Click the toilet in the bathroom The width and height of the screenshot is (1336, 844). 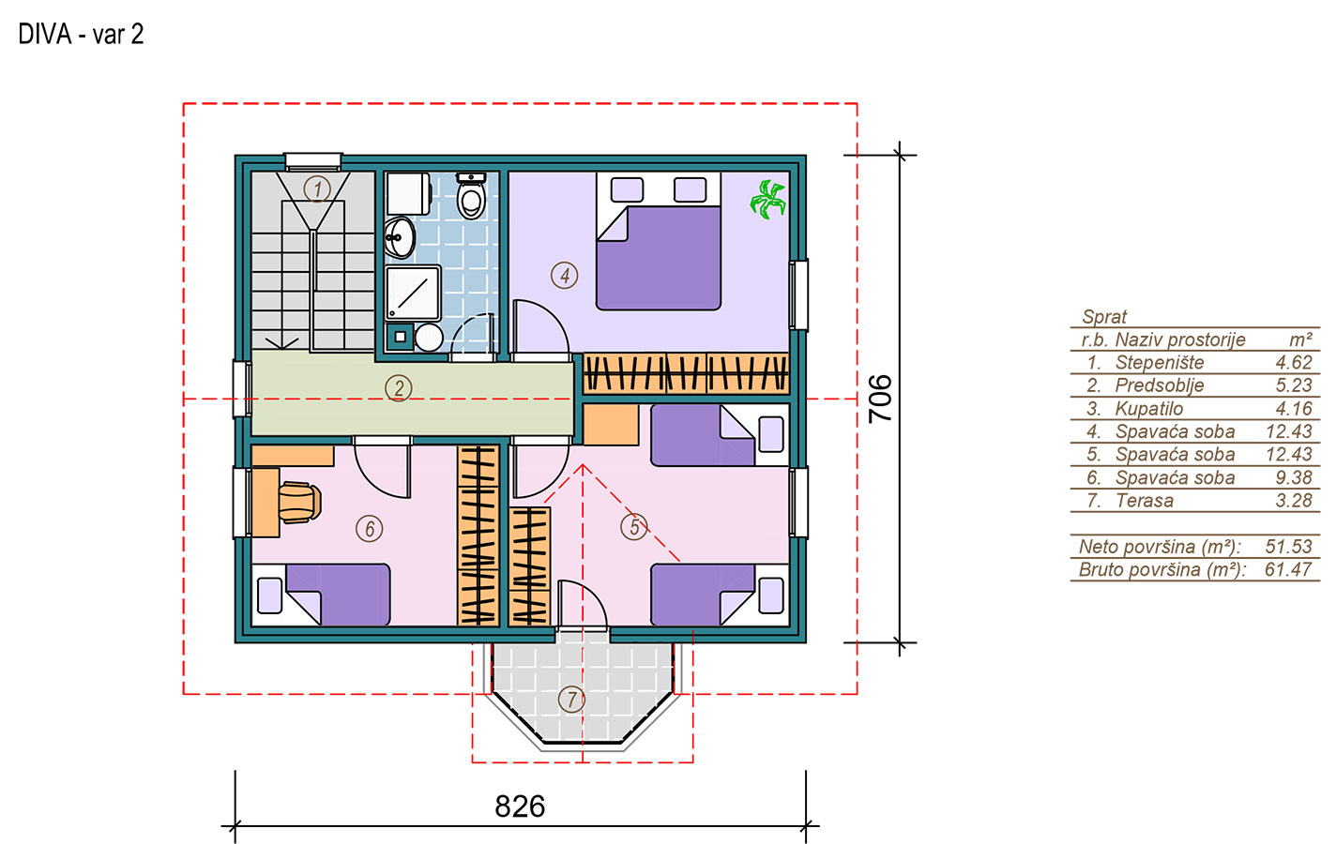471,196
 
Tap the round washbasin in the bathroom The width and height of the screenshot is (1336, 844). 400,237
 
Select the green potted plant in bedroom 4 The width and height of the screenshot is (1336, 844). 768,200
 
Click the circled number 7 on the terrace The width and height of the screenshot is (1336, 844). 571,700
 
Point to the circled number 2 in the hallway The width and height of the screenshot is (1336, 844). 399,388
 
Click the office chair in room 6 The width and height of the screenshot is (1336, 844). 300,503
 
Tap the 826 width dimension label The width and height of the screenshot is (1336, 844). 520,806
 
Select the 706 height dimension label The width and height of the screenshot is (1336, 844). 880,399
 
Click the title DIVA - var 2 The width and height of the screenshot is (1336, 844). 81,35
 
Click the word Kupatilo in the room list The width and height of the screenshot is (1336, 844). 1148,409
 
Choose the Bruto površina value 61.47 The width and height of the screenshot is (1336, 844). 1288,569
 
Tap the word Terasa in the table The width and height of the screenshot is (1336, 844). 1144,501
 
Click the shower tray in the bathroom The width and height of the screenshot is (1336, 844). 413,293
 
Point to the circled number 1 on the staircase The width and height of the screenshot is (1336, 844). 317,188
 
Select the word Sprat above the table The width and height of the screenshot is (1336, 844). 1104,317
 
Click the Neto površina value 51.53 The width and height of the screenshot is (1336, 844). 1288,546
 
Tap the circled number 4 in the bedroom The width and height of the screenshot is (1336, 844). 564,276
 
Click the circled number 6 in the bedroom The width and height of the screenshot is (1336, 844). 370,529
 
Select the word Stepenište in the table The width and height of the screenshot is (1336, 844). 1160,362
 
